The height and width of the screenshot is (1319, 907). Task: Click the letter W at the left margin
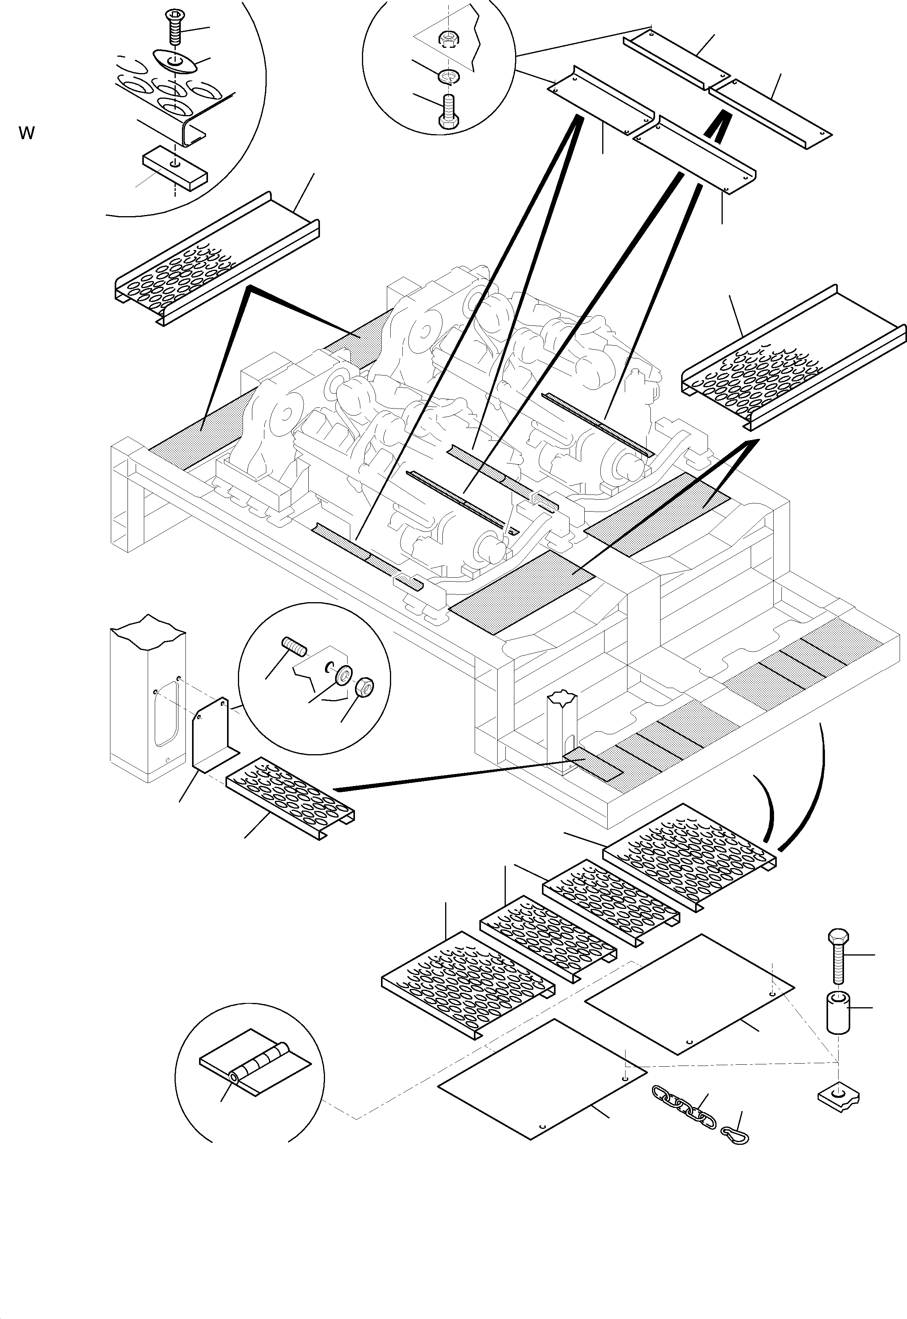click(x=27, y=134)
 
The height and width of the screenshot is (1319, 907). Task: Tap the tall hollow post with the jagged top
click(x=147, y=699)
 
